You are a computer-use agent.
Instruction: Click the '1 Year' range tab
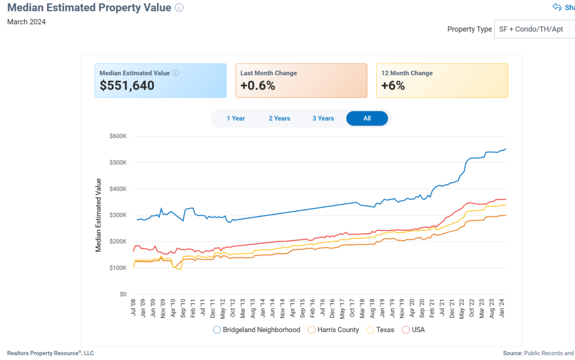coord(236,119)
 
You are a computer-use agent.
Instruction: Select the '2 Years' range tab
coord(279,119)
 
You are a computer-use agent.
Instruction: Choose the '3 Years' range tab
coord(323,119)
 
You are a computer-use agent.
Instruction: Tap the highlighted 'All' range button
coord(367,119)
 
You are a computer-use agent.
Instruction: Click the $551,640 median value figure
coord(127,86)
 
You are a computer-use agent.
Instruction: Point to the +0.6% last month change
coord(258,86)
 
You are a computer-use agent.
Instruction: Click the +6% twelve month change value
coord(393,86)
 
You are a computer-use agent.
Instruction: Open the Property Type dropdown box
coord(533,29)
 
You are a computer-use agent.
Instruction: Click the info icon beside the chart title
coord(179,8)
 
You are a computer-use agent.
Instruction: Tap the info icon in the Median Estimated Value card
coord(175,73)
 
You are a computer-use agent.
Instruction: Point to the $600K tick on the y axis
coord(117,136)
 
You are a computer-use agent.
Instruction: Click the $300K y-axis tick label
coord(117,215)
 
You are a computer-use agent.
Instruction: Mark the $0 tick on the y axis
coord(122,294)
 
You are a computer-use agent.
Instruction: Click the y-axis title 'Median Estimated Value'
coord(99,215)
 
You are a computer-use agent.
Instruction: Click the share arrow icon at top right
coord(557,7)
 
